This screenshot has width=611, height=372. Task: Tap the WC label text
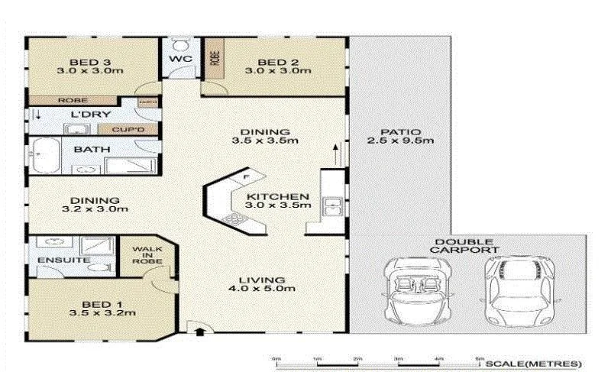point(181,59)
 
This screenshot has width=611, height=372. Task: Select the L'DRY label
point(87,115)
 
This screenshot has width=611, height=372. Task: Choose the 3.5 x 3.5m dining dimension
point(263,141)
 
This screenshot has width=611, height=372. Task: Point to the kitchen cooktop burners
point(234,220)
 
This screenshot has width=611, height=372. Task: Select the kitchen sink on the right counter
point(331,205)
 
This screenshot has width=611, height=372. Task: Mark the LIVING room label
point(262,280)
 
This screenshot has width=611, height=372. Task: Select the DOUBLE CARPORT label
point(465,246)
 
